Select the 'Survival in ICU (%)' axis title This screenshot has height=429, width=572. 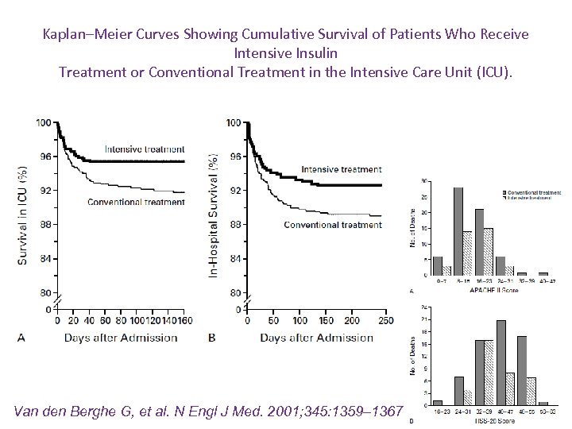[23, 214]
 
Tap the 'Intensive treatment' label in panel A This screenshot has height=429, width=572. [145, 149]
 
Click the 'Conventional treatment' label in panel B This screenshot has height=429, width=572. [333, 225]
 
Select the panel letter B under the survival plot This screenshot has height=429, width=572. [212, 338]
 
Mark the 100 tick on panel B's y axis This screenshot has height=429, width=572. [234, 122]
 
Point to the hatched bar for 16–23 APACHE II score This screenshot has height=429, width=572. [489, 252]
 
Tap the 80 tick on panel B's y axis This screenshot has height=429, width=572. [234, 293]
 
